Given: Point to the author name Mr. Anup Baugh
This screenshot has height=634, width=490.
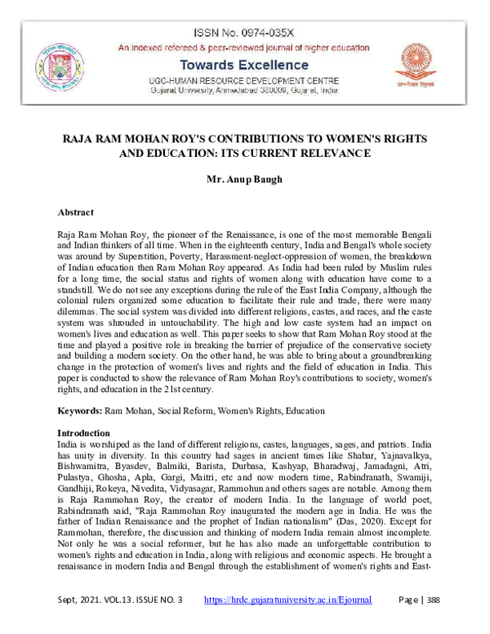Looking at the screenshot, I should pos(245,177).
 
